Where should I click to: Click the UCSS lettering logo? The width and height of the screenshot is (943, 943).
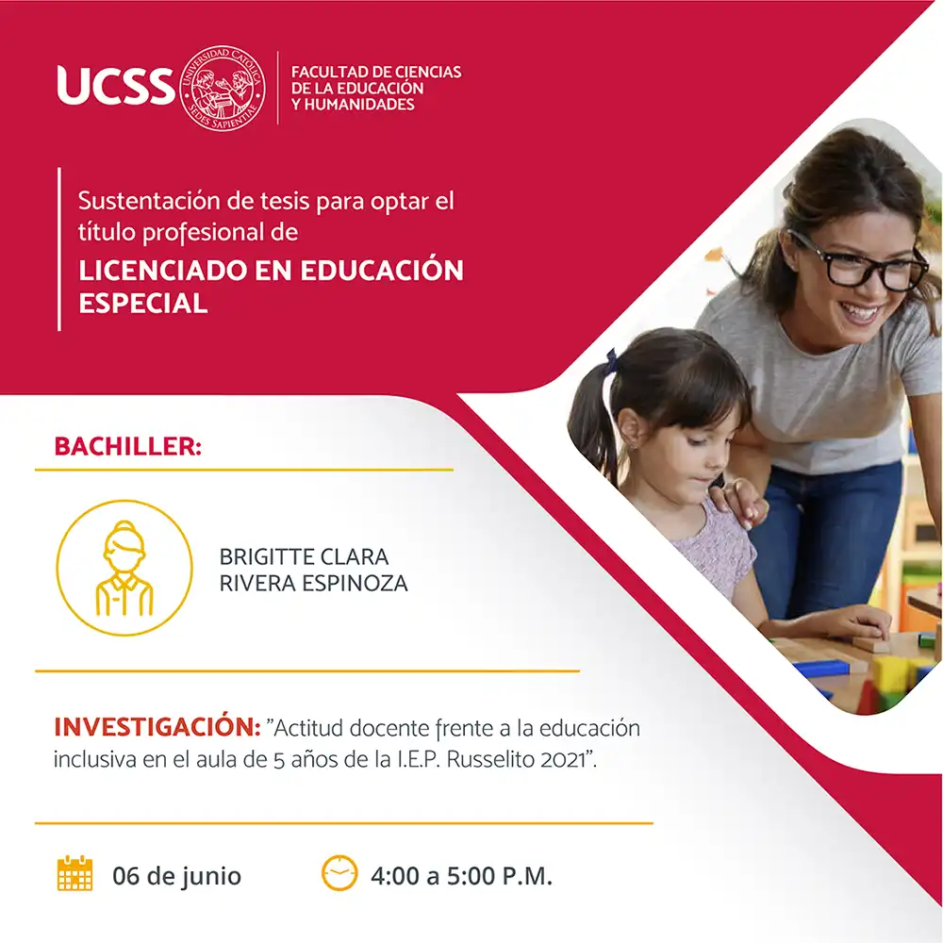(115, 85)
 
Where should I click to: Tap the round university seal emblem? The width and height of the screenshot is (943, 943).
(223, 88)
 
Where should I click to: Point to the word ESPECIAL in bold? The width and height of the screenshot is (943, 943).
(143, 303)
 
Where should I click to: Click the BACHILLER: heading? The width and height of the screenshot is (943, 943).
(127, 447)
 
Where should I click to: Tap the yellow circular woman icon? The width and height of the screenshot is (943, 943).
(124, 568)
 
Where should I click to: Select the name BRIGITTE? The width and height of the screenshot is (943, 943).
(267, 557)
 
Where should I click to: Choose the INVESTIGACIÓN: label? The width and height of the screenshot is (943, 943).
(157, 727)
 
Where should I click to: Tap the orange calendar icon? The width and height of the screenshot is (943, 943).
(75, 872)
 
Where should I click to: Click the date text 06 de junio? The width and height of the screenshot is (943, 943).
(177, 876)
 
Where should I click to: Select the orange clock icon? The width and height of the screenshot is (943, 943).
(339, 872)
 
